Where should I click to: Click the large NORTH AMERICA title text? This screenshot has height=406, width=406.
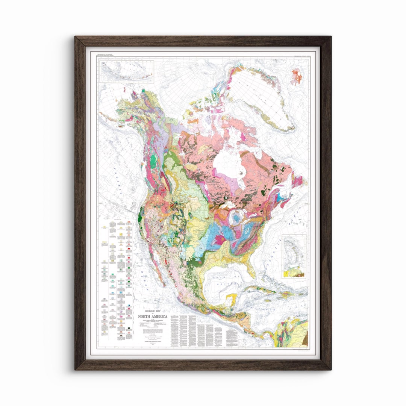152,316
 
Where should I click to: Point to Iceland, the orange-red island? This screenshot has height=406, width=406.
297,76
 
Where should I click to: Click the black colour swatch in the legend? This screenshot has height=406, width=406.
129,328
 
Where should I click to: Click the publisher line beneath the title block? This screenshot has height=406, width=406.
152,341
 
